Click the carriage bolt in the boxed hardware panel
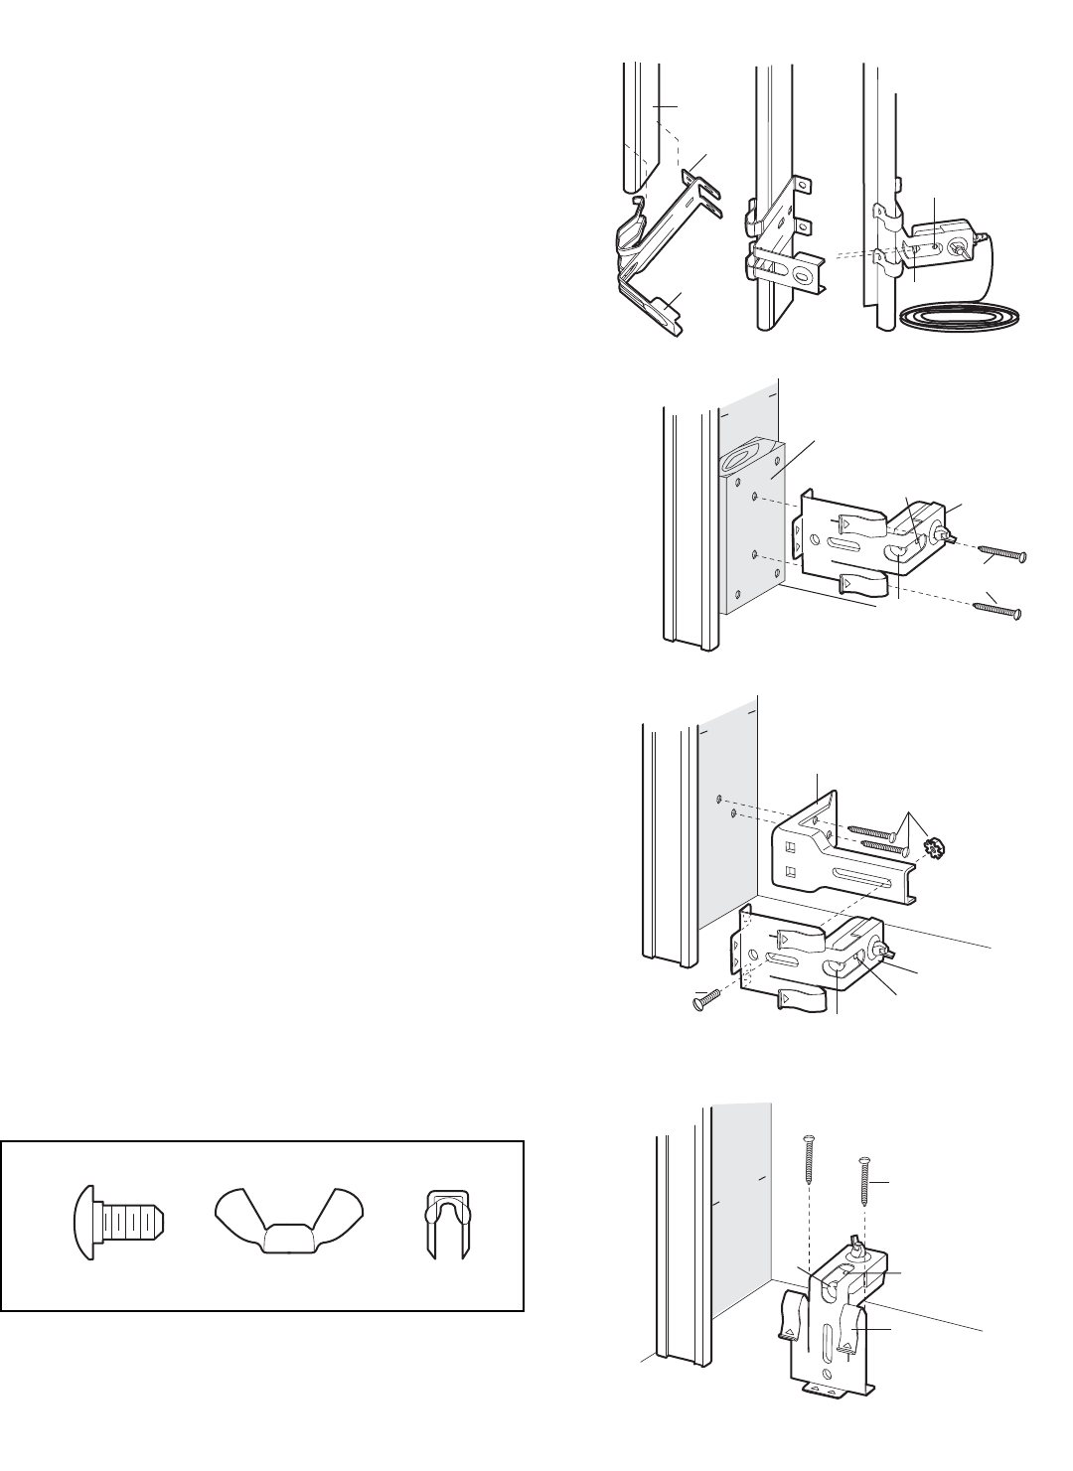118,1223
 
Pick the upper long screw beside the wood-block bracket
1000,554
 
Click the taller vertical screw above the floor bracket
810,1171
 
